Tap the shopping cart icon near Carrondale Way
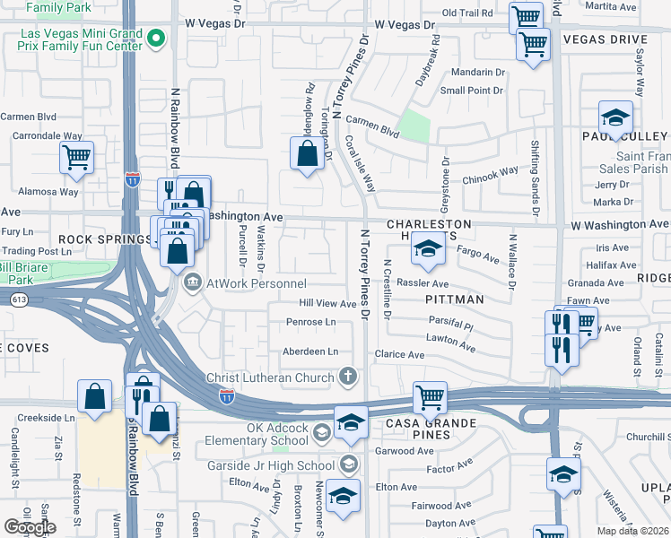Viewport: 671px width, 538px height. click(x=76, y=158)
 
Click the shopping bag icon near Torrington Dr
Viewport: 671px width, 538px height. click(x=307, y=153)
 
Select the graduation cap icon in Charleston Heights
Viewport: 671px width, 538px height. click(x=429, y=250)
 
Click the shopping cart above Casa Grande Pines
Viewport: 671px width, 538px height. click(x=430, y=396)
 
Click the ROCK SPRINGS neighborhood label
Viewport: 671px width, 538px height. click(x=106, y=239)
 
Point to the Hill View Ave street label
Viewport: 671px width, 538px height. click(x=328, y=304)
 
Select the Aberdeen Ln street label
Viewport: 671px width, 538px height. click(x=310, y=351)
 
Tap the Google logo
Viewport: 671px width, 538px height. click(x=30, y=526)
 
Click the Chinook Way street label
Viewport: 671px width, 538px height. click(x=490, y=174)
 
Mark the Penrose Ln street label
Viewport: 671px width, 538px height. click(x=310, y=322)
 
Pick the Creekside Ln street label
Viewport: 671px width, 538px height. click(x=45, y=418)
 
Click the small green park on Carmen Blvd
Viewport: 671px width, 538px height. click(x=414, y=126)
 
